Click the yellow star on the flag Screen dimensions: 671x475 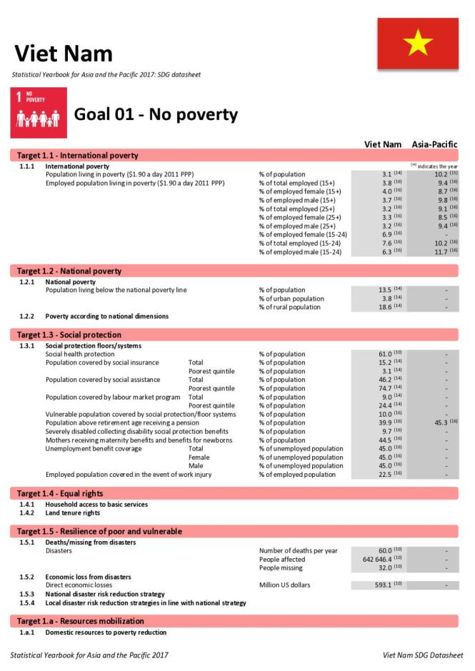pos(418,44)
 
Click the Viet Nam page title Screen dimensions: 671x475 pos(64,54)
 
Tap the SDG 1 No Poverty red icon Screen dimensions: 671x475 pos(39,113)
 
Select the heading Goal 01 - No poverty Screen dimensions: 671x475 pos(156,115)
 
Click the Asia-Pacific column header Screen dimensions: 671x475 pos(434,144)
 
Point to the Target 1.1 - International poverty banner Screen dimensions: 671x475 pos(78,155)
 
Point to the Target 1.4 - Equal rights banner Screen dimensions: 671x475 pos(60,493)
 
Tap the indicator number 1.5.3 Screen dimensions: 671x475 pos(27,594)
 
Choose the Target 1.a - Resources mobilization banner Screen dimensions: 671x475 pos(81,621)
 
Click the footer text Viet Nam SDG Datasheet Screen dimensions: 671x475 pos(423,655)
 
